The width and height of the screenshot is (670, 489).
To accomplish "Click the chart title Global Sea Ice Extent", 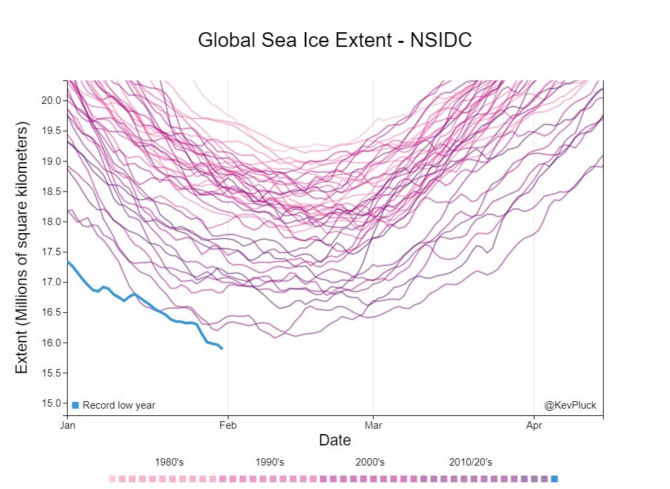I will click(335, 40).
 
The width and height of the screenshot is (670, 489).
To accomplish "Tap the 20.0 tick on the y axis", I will click(52, 100).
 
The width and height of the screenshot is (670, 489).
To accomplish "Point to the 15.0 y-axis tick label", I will click(52, 403).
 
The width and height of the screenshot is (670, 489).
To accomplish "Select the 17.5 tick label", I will click(52, 252).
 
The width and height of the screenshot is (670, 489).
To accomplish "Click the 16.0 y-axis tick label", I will click(52, 343).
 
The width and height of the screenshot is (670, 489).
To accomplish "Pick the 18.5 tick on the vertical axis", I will click(52, 192).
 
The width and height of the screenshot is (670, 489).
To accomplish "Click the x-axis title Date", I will click(335, 440).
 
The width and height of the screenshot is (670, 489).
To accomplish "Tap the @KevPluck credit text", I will click(570, 405).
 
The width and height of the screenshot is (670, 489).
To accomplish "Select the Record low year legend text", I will click(119, 405).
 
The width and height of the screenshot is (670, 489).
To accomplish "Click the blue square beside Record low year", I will click(76, 405).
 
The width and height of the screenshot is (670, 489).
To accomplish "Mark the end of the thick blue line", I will click(222, 348).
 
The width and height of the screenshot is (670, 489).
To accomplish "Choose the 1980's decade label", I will click(170, 462).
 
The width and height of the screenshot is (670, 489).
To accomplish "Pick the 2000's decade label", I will click(370, 462).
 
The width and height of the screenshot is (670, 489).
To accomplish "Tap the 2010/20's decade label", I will click(470, 462).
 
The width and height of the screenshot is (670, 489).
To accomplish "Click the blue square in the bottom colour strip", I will click(554, 479).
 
